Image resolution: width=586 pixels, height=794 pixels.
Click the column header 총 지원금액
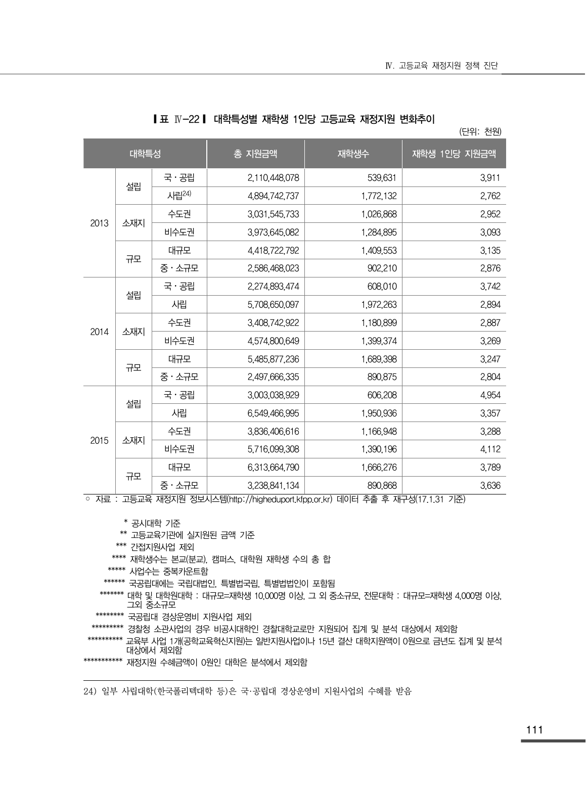click(x=255, y=154)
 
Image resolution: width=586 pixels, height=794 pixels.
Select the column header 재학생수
click(x=353, y=154)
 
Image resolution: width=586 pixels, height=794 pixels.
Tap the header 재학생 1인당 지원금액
click(x=454, y=154)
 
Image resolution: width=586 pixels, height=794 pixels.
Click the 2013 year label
click(x=100, y=223)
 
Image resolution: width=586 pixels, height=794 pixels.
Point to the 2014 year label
click(x=100, y=332)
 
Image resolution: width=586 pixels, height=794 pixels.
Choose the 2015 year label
click(x=100, y=441)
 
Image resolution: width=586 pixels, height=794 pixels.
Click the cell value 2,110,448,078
click(x=273, y=178)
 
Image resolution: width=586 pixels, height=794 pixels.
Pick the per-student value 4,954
click(x=490, y=395)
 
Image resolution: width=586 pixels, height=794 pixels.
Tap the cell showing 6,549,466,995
click(x=273, y=413)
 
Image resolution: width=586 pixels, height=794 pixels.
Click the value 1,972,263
click(x=379, y=305)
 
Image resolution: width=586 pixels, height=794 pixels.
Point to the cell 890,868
click(x=382, y=486)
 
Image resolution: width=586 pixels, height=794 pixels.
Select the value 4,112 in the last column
click(x=490, y=449)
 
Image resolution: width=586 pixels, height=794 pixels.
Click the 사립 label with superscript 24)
click(x=179, y=196)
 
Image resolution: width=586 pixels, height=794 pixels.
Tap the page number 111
click(x=534, y=730)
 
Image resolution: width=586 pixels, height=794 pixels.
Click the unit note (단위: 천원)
click(x=480, y=132)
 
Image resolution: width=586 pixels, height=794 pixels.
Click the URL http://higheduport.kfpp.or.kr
click(x=280, y=499)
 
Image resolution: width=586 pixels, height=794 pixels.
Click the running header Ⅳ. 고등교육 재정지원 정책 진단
click(x=441, y=66)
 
